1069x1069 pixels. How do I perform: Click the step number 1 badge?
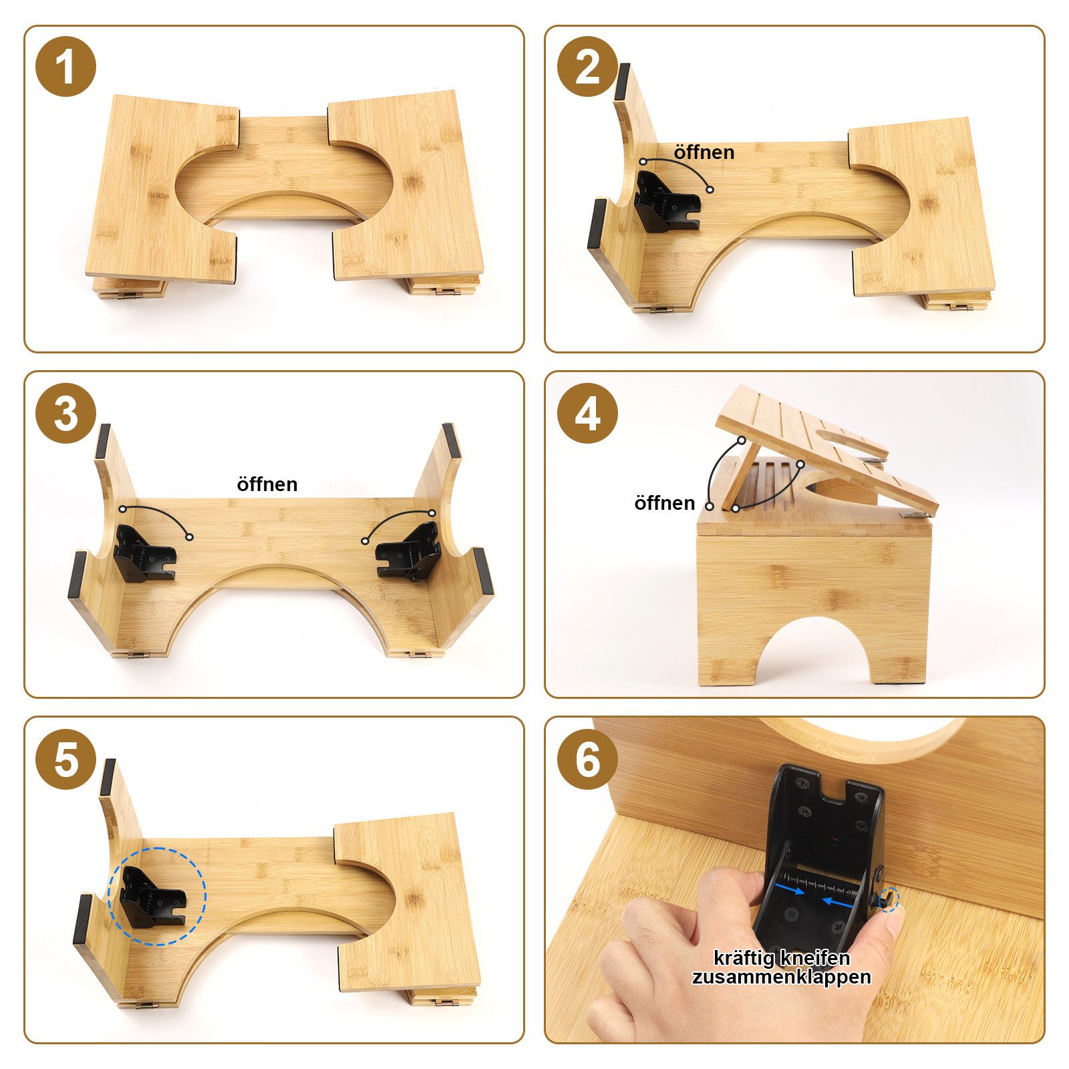(65, 67)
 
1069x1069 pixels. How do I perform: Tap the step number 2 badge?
(587, 67)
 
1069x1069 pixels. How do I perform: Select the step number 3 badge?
(65, 414)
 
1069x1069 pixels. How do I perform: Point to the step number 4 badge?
(587, 414)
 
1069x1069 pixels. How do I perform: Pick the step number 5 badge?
(65, 760)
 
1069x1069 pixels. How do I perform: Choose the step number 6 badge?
(587, 760)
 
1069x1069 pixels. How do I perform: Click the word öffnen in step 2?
(704, 152)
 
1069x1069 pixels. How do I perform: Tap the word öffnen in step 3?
(267, 484)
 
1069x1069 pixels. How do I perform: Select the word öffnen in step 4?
(665, 502)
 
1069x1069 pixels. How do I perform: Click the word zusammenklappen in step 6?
(781, 977)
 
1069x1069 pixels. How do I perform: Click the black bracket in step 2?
(666, 200)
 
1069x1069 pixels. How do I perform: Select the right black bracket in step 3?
(408, 551)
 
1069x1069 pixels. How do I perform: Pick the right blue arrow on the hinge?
(838, 903)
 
